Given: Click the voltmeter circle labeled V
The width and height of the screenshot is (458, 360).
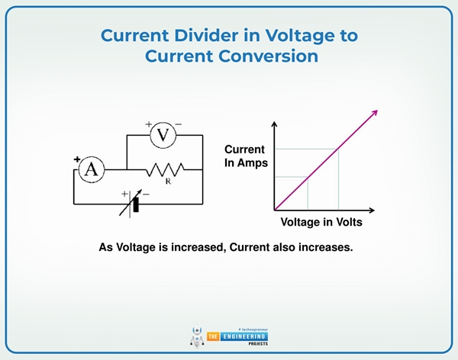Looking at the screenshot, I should (163, 135).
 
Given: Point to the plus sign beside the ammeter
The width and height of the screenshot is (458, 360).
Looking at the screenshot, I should (77, 159).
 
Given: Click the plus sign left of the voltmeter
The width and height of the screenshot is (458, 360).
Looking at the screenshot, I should (149, 124).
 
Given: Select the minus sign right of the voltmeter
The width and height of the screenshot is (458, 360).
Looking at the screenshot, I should (179, 124).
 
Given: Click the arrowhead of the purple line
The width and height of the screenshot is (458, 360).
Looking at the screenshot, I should (374, 112).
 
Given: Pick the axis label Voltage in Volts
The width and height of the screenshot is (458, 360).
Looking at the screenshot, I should (321, 223).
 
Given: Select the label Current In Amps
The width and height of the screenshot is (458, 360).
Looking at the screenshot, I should (244, 156).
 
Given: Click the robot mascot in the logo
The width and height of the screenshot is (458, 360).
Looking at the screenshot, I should (197, 336).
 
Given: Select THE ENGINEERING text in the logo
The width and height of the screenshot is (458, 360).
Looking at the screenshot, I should (237, 336).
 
